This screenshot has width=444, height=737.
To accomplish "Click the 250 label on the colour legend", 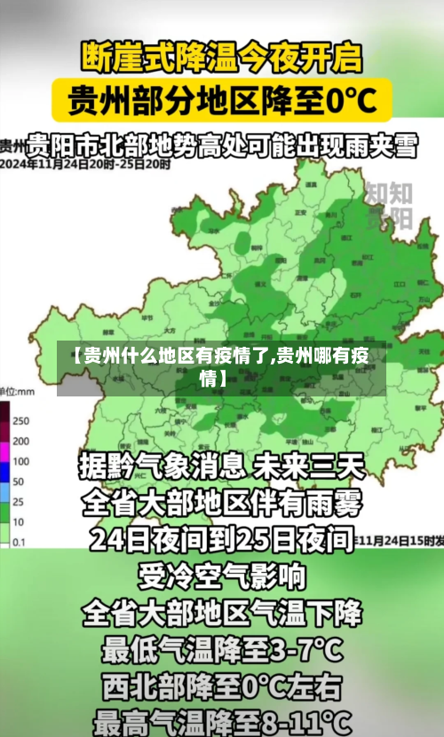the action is point(21,420).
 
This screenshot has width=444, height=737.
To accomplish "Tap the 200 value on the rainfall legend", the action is point(21,441).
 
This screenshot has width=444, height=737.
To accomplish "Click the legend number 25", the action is point(18,500).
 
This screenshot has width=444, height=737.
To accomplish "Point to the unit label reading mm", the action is point(24,391).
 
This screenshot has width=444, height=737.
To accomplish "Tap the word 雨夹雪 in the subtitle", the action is point(383,145).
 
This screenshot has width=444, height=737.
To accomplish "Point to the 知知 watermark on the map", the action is point(389,192).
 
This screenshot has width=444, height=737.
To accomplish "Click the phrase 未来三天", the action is point(310,465).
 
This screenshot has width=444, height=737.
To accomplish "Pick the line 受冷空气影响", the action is point(221,576).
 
